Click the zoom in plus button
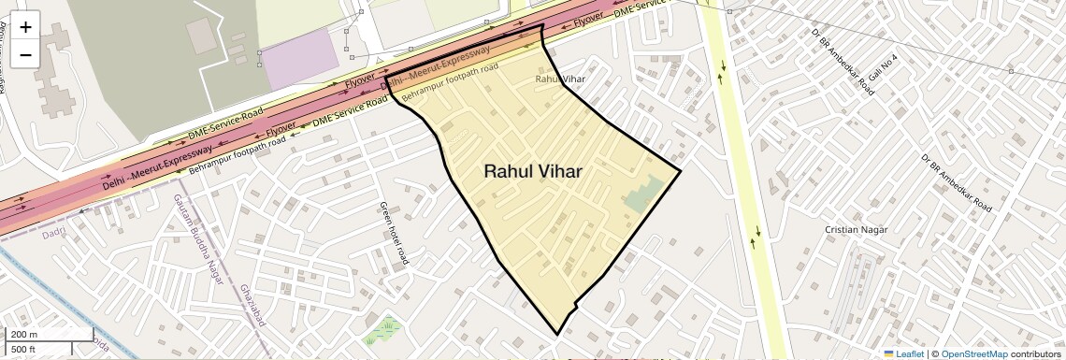click(x=25, y=27)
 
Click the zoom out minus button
click(x=25, y=54)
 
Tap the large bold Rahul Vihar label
click(x=533, y=172)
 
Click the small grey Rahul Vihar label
click(x=559, y=79)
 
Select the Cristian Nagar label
click(x=855, y=229)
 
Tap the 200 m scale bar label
click(x=24, y=334)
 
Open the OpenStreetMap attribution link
click(x=974, y=353)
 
